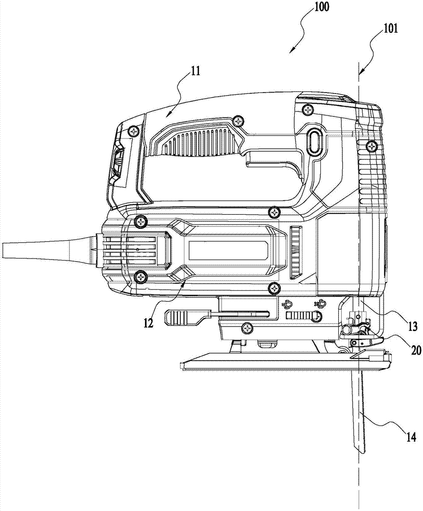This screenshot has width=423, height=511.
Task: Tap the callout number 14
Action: tap(411, 437)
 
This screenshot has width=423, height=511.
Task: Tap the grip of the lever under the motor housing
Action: tap(182, 317)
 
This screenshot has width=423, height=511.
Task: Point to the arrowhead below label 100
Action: tap(292, 50)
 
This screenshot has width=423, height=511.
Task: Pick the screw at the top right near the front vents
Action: tap(371, 146)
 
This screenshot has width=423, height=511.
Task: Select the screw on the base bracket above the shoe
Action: tap(248, 328)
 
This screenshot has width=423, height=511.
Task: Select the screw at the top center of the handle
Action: tap(239, 121)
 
